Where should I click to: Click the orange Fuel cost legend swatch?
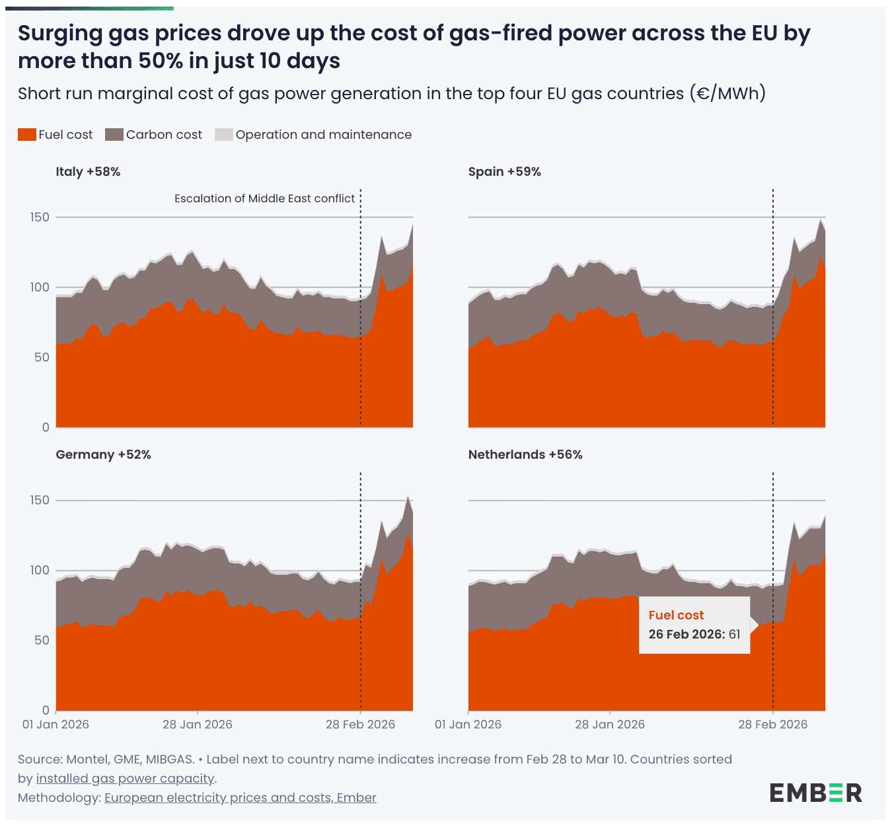pos(26,135)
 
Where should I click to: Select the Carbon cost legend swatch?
pos(114,135)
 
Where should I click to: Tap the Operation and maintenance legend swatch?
pos(224,135)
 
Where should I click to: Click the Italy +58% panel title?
pos(88,172)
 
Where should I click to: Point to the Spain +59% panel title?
pos(504,172)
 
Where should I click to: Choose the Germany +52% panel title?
pos(103,455)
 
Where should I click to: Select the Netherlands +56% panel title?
pos(525,455)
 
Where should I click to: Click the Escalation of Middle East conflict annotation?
pos(264,198)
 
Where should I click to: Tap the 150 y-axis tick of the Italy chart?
pos(39,217)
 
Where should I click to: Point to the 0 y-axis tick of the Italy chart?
pos(46,428)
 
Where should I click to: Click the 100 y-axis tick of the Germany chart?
pos(39,570)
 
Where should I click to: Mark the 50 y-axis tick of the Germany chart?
pos(41,641)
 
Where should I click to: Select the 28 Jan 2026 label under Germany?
pos(198,725)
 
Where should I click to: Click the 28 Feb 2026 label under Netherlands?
pos(772,725)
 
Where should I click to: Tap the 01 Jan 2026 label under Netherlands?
pos(468,725)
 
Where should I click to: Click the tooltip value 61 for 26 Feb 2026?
pos(734,635)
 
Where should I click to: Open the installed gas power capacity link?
pos(125,779)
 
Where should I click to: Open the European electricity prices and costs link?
pos(240,798)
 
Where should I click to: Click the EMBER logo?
pos(815,793)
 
